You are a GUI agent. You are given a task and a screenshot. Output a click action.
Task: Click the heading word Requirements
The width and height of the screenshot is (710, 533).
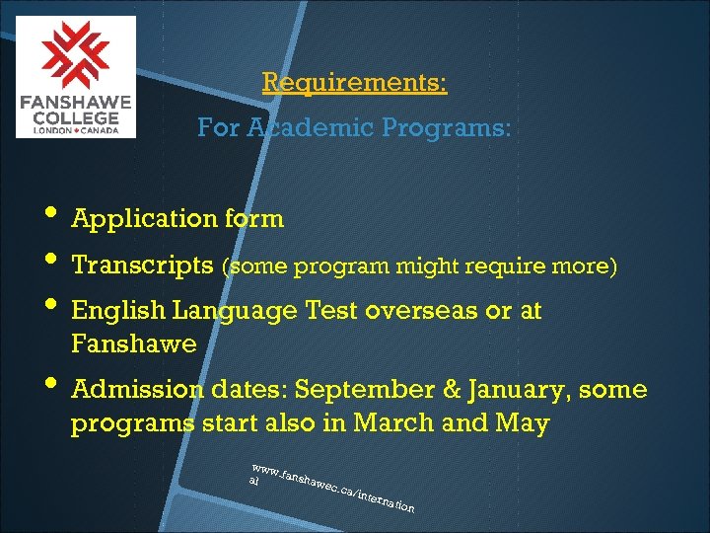[354, 82]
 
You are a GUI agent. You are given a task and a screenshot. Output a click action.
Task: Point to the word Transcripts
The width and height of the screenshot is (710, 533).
[142, 266]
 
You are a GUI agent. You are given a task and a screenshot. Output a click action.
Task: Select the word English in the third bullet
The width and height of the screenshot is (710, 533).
[118, 311]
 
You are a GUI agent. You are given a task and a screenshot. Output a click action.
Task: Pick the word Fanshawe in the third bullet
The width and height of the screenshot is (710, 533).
[133, 344]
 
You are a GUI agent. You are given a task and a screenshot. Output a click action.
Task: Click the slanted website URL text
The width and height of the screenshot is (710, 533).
[330, 487]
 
